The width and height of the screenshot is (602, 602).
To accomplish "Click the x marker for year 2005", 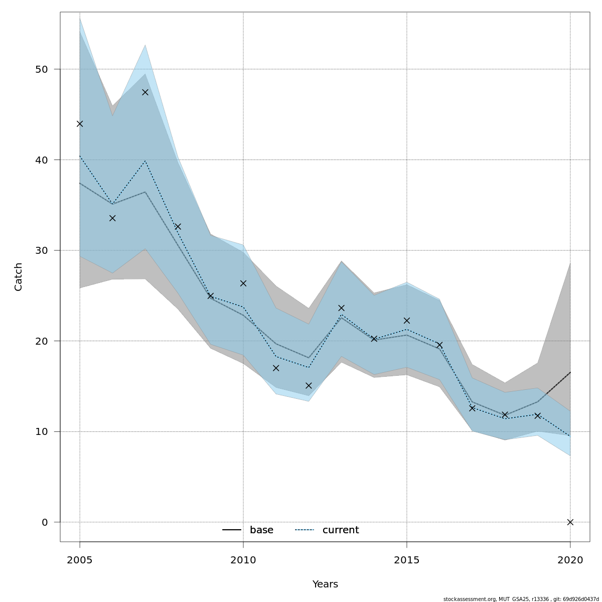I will coord(80,123).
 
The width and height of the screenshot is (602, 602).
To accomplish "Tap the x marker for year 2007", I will coord(145,92).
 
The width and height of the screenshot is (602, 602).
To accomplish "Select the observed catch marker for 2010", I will coord(243,283).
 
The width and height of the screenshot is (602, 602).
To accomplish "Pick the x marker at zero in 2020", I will coord(570,522).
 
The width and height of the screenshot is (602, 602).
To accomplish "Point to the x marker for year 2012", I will coord(309,386).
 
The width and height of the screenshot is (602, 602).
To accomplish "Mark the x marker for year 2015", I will coord(407,321).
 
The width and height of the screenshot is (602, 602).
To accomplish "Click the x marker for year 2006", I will coord(112,218).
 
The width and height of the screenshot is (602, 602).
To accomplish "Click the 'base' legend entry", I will coord(248,530).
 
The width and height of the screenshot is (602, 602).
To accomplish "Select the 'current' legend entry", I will coord(327,530).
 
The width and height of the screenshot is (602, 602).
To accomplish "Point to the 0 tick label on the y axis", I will coord(44,522).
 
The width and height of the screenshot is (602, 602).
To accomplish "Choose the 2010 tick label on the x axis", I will coord(243,559).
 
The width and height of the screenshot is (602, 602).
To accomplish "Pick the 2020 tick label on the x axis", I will coord(570,559).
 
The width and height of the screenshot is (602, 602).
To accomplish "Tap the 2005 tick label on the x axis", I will coord(80,559).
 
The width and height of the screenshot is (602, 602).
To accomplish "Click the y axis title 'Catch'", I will coord(19,276).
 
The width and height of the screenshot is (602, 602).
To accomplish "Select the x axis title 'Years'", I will coord(325,584).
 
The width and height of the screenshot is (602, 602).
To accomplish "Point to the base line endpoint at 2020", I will coord(570,372).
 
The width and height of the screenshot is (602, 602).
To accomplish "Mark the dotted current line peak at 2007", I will coord(145,161).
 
